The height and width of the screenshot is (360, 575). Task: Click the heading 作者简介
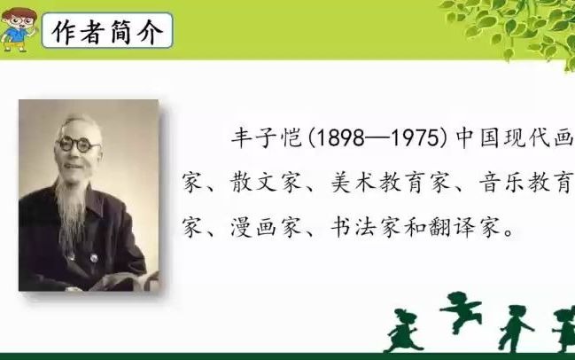coord(107,34)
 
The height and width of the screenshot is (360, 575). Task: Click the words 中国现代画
coord(515,139)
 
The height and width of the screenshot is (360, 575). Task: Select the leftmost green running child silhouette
coord(403,329)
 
